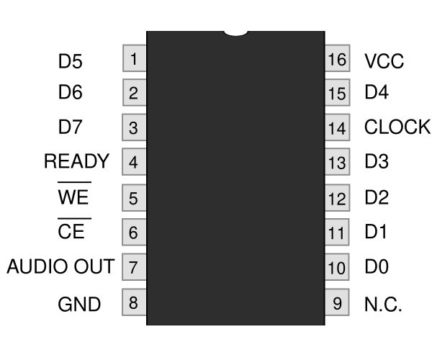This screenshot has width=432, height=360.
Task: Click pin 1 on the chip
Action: (x=134, y=58)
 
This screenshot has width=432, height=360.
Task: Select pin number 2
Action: (x=134, y=93)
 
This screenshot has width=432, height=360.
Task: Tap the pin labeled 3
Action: (x=134, y=128)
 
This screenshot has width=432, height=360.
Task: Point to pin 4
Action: (x=134, y=163)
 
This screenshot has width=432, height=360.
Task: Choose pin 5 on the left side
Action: (x=134, y=198)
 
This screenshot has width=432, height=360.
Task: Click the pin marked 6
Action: (x=134, y=233)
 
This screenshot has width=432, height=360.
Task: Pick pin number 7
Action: (x=134, y=268)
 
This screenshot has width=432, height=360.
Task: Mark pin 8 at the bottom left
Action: (x=134, y=302)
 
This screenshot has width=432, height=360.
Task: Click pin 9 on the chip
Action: (x=337, y=302)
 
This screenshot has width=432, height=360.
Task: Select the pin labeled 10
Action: (x=337, y=268)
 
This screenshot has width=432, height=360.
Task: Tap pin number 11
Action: (x=337, y=233)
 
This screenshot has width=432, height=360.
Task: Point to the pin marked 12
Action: (x=337, y=198)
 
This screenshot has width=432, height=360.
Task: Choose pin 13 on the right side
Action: (x=337, y=163)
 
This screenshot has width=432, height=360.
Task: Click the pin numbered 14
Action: (x=337, y=128)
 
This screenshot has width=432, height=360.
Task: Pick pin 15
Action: (x=337, y=93)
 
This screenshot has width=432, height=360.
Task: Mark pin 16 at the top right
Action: (x=337, y=58)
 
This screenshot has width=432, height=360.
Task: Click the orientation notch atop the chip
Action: (x=236, y=33)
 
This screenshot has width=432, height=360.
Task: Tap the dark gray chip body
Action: (x=235, y=180)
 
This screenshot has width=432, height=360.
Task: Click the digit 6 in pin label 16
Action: (x=341, y=59)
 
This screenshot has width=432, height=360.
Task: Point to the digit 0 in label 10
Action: (x=341, y=269)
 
